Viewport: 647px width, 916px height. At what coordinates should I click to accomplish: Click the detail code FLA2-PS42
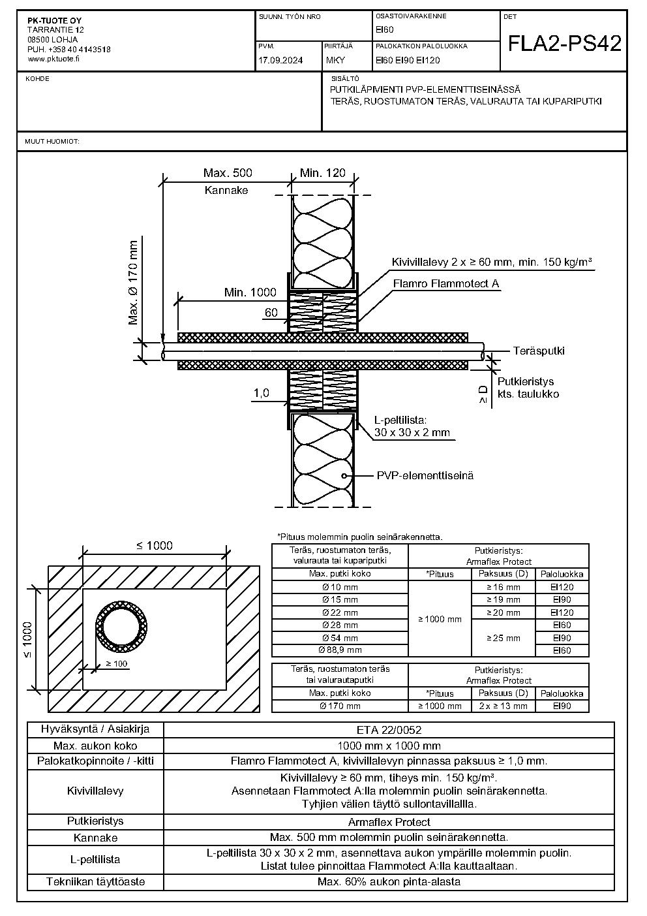[x=564, y=43]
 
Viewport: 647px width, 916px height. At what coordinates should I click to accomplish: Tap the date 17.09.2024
[x=280, y=61]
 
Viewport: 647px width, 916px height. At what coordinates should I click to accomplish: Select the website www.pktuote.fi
[x=53, y=59]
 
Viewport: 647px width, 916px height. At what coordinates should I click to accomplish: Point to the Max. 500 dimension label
[x=228, y=173]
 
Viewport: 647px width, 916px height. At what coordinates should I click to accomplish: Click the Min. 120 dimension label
[x=323, y=173]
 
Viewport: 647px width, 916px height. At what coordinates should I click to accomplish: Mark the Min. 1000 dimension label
[x=250, y=292]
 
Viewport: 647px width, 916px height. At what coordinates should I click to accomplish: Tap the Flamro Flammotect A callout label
[x=446, y=284]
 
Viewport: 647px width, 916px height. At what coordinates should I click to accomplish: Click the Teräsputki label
[x=539, y=351]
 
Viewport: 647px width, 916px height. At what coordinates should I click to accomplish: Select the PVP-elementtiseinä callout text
[x=425, y=475]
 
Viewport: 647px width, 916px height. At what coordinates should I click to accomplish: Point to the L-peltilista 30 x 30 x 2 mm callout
[x=412, y=426]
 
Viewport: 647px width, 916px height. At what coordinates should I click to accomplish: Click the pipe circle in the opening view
[x=121, y=627]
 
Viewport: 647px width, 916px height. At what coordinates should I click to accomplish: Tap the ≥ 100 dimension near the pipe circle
[x=117, y=664]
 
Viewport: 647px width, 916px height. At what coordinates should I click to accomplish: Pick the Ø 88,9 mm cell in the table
[x=340, y=650]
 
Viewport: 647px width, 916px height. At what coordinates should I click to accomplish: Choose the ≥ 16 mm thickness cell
[x=504, y=587]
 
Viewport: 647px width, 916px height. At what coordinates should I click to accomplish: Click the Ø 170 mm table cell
[x=340, y=706]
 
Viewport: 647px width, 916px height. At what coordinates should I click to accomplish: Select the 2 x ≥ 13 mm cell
[x=504, y=706]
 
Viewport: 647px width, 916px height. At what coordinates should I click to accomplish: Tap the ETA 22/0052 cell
[x=389, y=730]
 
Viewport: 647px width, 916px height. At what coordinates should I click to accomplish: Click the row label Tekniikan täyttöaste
[x=96, y=881]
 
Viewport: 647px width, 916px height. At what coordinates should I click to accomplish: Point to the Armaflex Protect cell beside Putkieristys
[x=389, y=822]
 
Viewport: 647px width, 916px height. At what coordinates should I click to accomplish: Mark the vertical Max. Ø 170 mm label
[x=133, y=283]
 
